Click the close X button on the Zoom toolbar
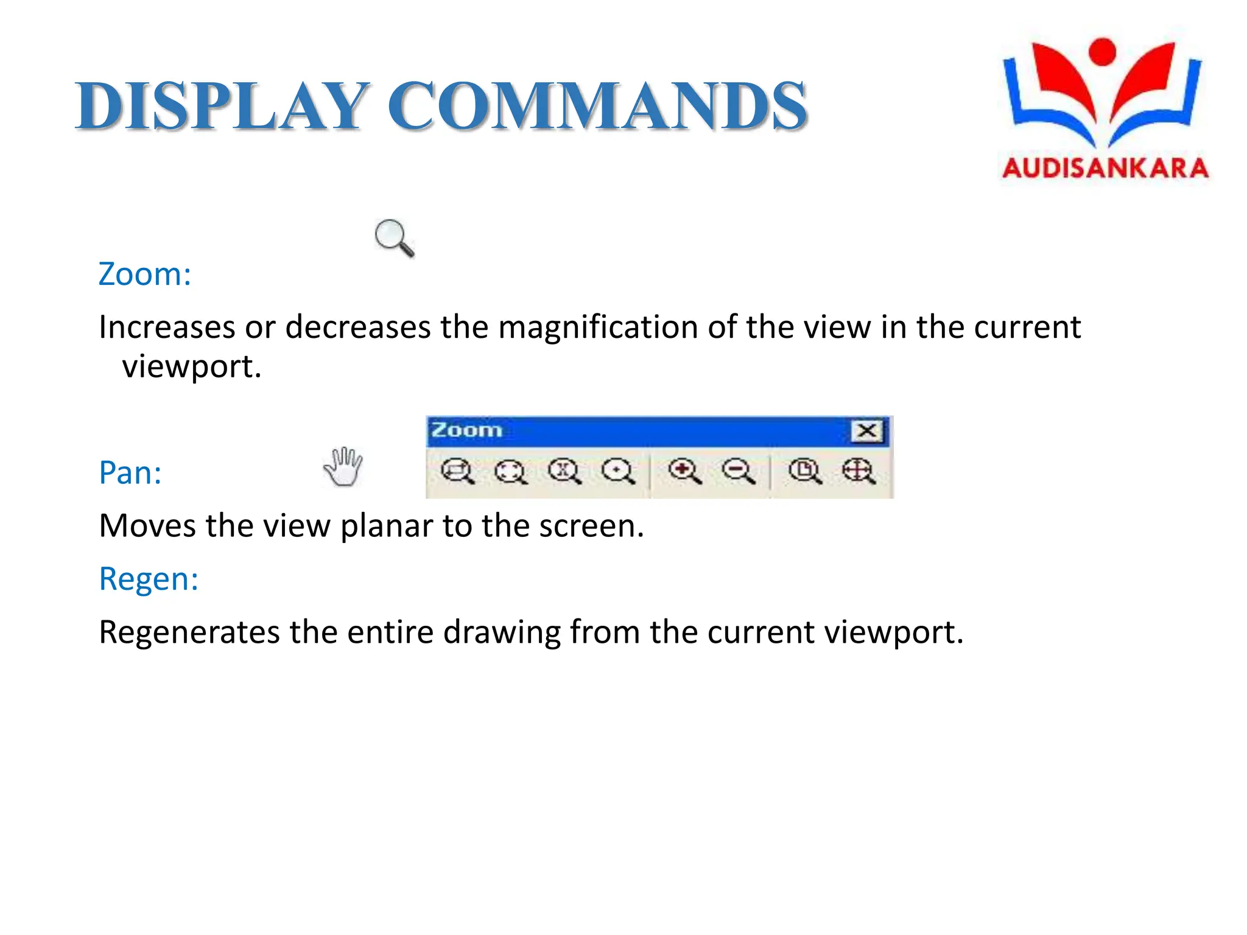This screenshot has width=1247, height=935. (866, 431)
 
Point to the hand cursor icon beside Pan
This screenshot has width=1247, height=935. (343, 467)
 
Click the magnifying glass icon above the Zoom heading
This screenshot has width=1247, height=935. (394, 237)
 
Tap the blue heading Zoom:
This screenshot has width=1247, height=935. (145, 275)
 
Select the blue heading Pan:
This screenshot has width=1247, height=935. (130, 473)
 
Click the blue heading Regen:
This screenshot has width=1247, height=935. (149, 579)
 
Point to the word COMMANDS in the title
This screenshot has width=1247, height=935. (597, 107)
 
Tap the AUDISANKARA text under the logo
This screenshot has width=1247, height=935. (1105, 168)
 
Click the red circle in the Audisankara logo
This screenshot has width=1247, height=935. (1102, 51)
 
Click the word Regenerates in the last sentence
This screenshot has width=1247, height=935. (189, 632)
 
